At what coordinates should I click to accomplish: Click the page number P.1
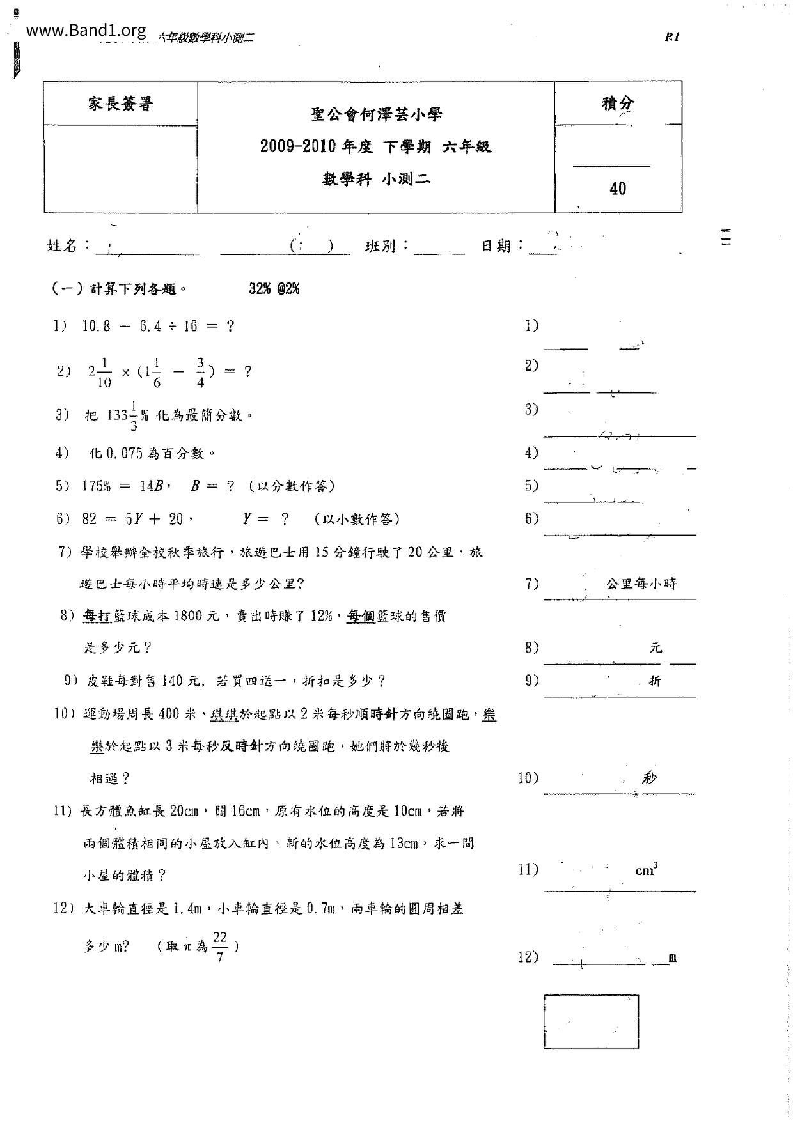pyautogui.click(x=672, y=37)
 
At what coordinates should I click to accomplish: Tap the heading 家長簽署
pyautogui.click(x=120, y=104)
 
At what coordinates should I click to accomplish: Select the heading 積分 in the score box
pyautogui.click(x=618, y=103)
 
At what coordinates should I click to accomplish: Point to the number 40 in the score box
pyautogui.click(x=618, y=189)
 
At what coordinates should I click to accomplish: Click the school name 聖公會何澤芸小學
pyautogui.click(x=377, y=115)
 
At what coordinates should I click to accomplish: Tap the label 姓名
pyautogui.click(x=62, y=245)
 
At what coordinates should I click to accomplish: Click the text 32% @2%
pyautogui.click(x=274, y=289)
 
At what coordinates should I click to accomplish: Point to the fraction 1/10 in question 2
pyautogui.click(x=104, y=373)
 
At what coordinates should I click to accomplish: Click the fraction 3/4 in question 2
pyautogui.click(x=200, y=373)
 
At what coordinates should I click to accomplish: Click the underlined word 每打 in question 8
pyautogui.click(x=97, y=616)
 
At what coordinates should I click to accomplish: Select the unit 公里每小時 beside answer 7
pyautogui.click(x=641, y=584)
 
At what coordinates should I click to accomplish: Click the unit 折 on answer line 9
pyautogui.click(x=655, y=681)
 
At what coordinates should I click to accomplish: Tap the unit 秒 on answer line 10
pyautogui.click(x=650, y=778)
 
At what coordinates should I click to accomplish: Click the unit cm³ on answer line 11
pyautogui.click(x=647, y=870)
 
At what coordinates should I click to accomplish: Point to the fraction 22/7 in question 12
pyautogui.click(x=220, y=947)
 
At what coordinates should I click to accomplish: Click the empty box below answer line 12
pyautogui.click(x=591, y=1021)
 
